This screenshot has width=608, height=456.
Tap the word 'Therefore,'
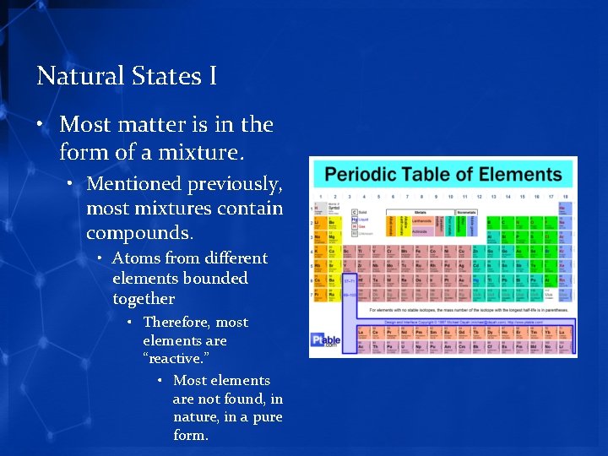coord(176,323)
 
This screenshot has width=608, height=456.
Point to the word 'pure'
coord(266,417)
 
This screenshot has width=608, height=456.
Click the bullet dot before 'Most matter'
coord(41,125)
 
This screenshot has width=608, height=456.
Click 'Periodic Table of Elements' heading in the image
coord(443,176)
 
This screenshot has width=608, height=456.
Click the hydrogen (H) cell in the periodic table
coord(320,208)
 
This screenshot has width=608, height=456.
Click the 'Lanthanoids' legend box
coord(421,221)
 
